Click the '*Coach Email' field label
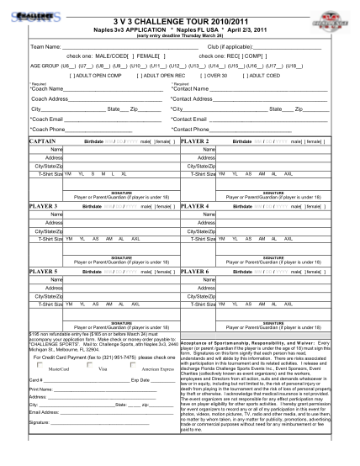pos(49,119)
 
